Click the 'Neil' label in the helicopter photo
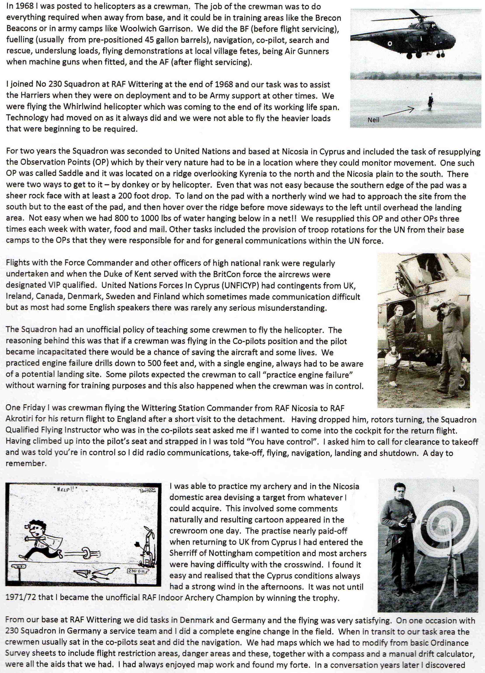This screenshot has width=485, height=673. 373,120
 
